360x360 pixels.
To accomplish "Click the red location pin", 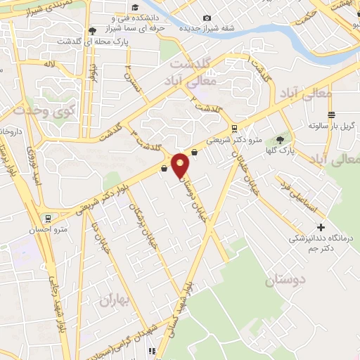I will pyautogui.click(x=181, y=165).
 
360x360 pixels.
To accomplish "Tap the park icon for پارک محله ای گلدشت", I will pyautogui.click(x=93, y=31).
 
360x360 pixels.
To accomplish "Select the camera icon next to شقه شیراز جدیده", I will pyautogui.click(x=206, y=18).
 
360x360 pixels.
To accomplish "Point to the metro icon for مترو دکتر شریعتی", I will pyautogui.click(x=234, y=128).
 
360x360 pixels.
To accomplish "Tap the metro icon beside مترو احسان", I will pyautogui.click(x=47, y=219).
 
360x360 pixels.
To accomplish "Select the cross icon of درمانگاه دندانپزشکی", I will pyautogui.click(x=321, y=227).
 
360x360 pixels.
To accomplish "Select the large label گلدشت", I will pyautogui.click(x=192, y=64).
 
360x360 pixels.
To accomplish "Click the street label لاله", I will pyautogui.click(x=49, y=64).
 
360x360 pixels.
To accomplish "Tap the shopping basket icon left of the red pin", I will pyautogui.click(x=165, y=167).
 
